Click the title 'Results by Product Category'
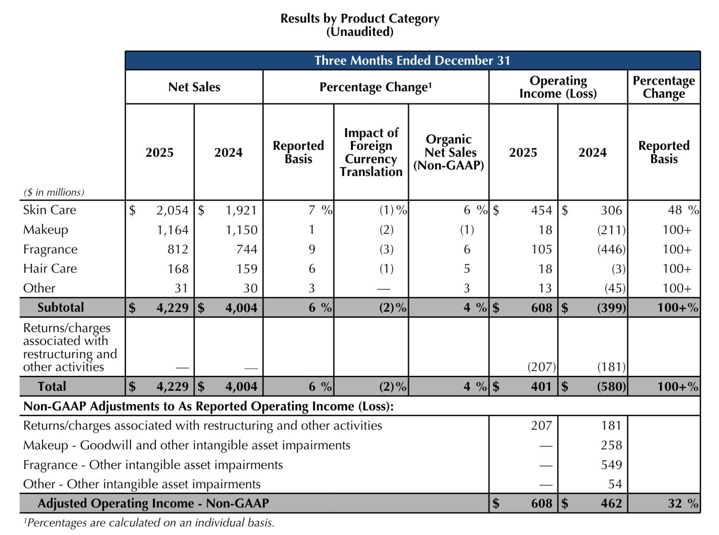(359, 19)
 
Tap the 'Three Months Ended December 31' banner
(412, 61)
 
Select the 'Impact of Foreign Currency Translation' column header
(371, 152)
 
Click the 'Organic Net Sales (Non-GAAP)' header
(449, 152)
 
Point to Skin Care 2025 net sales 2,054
(172, 210)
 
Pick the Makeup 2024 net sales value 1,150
(241, 230)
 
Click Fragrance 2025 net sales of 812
(178, 249)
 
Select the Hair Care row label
(50, 269)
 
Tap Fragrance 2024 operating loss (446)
(611, 249)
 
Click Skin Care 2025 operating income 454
(541, 210)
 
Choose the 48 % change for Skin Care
(683, 210)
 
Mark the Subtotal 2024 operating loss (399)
(611, 308)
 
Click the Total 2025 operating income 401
(541, 386)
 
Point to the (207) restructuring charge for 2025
(541, 367)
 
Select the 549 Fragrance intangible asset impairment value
(611, 465)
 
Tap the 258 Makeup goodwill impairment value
(611, 445)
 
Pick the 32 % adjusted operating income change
(683, 504)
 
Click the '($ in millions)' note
(54, 192)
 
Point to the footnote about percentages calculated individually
(149, 523)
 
